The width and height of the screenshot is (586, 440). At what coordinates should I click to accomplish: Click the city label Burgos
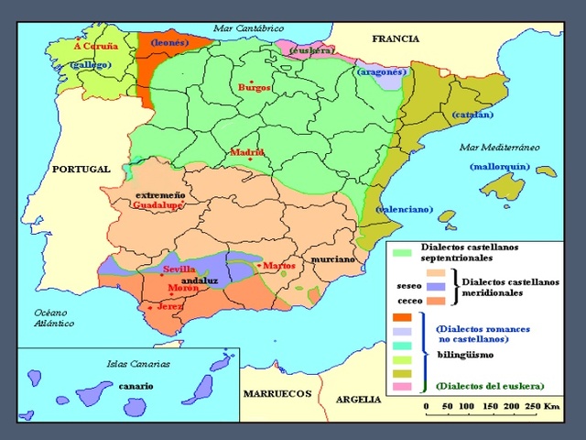pos(255,88)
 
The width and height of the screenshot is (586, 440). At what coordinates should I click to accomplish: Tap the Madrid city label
pos(247,152)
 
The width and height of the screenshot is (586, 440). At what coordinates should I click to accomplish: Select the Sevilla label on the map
pos(179,269)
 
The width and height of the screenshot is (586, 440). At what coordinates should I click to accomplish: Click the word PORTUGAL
pos(81,170)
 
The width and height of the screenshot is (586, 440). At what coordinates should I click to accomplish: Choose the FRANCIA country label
pos(396,38)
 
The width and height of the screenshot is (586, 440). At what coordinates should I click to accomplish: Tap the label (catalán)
pos(472,115)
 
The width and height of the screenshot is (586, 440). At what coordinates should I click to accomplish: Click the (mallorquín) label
pos(500,167)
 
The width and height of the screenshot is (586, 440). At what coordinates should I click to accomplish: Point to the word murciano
pos(332,259)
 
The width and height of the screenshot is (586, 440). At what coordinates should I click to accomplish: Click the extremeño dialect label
pos(160,195)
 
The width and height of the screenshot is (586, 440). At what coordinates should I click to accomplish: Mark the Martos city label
pos(278,266)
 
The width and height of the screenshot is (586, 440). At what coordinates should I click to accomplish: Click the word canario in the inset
pos(136,386)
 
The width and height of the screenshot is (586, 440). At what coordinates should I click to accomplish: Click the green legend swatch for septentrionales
pos(400,251)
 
